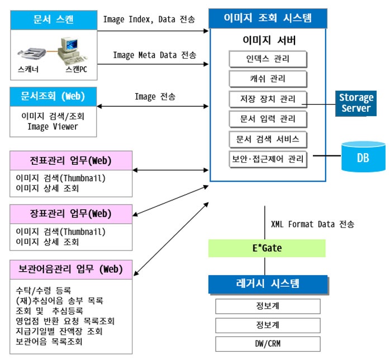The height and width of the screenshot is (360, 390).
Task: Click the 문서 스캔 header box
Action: click(53, 20)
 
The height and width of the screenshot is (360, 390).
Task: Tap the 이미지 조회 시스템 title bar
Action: click(268, 18)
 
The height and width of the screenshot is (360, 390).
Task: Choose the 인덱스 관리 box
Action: click(268, 58)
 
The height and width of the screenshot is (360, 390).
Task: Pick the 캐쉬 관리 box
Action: click(268, 78)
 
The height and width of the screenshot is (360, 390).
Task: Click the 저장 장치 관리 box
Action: click(268, 99)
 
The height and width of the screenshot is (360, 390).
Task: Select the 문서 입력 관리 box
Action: click(268, 119)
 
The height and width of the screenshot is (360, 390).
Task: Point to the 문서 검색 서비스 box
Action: click(268, 139)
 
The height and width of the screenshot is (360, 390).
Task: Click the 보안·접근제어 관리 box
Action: click(268, 159)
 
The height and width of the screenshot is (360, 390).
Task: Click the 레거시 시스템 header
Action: click(267, 284)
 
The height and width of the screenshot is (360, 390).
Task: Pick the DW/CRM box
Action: click(268, 343)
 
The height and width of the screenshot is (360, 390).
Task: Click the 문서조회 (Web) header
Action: click(53, 96)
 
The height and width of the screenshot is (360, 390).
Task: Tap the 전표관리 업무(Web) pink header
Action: click(71, 161)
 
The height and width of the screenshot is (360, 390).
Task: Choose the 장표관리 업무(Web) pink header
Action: click(71, 213)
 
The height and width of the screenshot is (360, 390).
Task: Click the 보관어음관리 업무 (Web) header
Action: click(71, 269)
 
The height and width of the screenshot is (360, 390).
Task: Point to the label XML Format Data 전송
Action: click(312, 224)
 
